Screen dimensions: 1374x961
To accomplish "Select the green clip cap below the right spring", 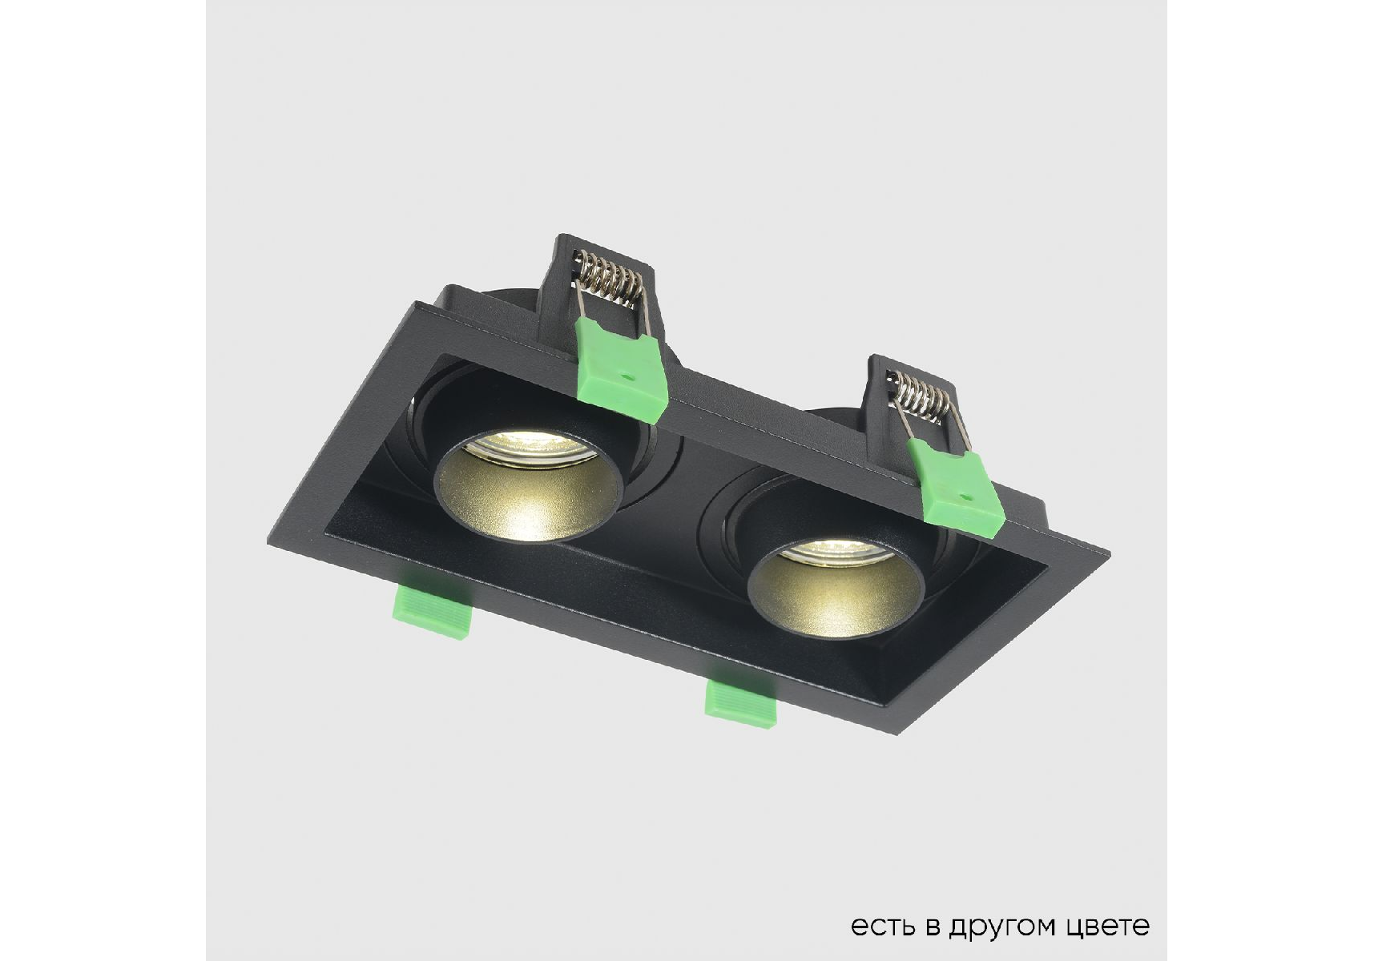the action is point(957,488).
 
